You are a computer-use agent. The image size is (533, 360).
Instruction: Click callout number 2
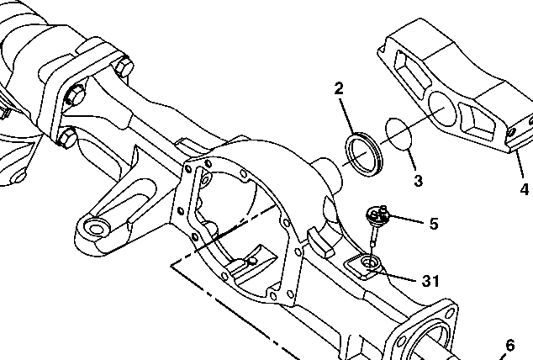click(338, 87)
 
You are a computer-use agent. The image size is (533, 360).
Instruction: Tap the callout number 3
click(417, 181)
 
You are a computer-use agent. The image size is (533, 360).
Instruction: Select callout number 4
click(524, 189)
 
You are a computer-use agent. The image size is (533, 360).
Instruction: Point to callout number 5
click(434, 224)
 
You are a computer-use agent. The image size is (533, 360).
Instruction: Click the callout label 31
click(430, 281)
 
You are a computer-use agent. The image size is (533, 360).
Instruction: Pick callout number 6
click(509, 345)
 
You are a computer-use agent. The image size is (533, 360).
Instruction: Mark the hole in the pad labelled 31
click(367, 267)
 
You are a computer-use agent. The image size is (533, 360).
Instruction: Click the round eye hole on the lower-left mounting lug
click(95, 229)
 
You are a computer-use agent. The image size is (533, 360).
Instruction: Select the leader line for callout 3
click(409, 161)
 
